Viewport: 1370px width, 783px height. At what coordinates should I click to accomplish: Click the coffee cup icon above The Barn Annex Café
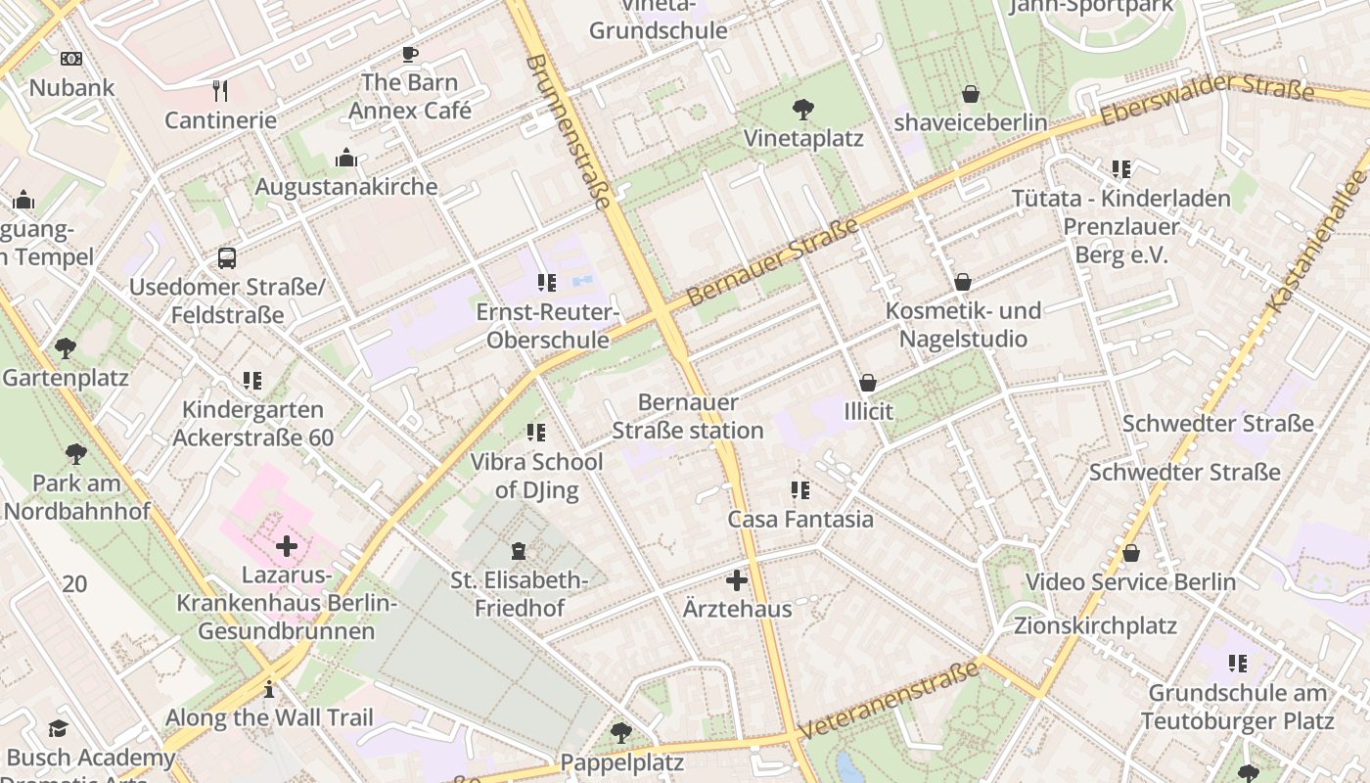pos(409,54)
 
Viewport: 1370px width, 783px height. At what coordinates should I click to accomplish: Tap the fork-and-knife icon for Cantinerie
pos(220,91)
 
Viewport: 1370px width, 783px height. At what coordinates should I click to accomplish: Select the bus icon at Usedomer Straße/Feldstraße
pos(226,258)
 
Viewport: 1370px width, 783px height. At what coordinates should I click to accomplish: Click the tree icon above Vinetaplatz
pos(803,109)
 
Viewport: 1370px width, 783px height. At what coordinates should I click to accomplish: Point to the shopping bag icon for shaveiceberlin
pos(970,94)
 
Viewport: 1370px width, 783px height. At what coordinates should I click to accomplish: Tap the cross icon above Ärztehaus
pos(737,580)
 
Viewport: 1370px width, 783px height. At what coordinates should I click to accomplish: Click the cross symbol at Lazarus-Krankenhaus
pos(286,545)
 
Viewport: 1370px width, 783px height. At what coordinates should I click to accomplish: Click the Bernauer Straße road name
pos(772,261)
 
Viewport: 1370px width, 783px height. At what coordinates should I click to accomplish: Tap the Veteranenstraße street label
pos(888,701)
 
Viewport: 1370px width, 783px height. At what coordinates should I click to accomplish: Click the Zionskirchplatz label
pos(1095,625)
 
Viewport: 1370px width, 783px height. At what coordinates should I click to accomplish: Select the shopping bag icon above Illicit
pos(868,383)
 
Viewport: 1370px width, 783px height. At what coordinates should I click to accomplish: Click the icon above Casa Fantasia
pos(800,489)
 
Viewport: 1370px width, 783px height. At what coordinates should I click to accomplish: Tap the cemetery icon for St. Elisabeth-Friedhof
pos(519,552)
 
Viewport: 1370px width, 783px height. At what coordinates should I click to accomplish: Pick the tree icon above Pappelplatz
pos(620,732)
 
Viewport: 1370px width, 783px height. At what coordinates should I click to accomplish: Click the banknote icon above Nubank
pos(71,59)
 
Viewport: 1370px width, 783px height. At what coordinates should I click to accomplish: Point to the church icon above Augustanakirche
pos(346,158)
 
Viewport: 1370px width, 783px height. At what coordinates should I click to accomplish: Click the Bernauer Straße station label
pos(687,416)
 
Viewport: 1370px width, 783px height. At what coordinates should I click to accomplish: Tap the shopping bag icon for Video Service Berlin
pos(1130,553)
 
